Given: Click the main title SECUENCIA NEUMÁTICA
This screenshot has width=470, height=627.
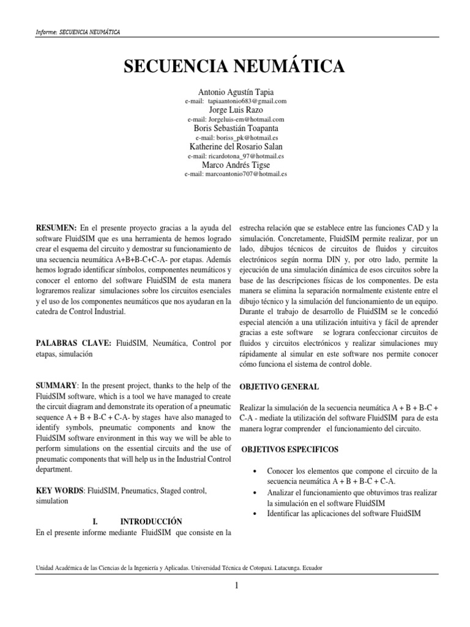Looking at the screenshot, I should point(235,67).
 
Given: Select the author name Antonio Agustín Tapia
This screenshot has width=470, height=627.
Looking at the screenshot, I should point(236,92).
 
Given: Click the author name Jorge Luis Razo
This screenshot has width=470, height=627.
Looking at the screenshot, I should point(236,110).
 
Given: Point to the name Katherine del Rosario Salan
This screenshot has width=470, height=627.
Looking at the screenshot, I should point(236,147).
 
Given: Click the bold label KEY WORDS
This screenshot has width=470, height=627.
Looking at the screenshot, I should point(60,491).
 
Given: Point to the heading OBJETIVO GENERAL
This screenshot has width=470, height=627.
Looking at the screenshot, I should point(278,388).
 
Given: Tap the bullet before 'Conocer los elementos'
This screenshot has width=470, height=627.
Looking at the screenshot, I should point(254,471).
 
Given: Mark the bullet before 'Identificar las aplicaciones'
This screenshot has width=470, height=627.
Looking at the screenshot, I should point(254,513).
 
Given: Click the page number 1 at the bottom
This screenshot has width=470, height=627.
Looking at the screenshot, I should point(236,586).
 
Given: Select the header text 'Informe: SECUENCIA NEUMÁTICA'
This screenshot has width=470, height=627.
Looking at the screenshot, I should point(78,31).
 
